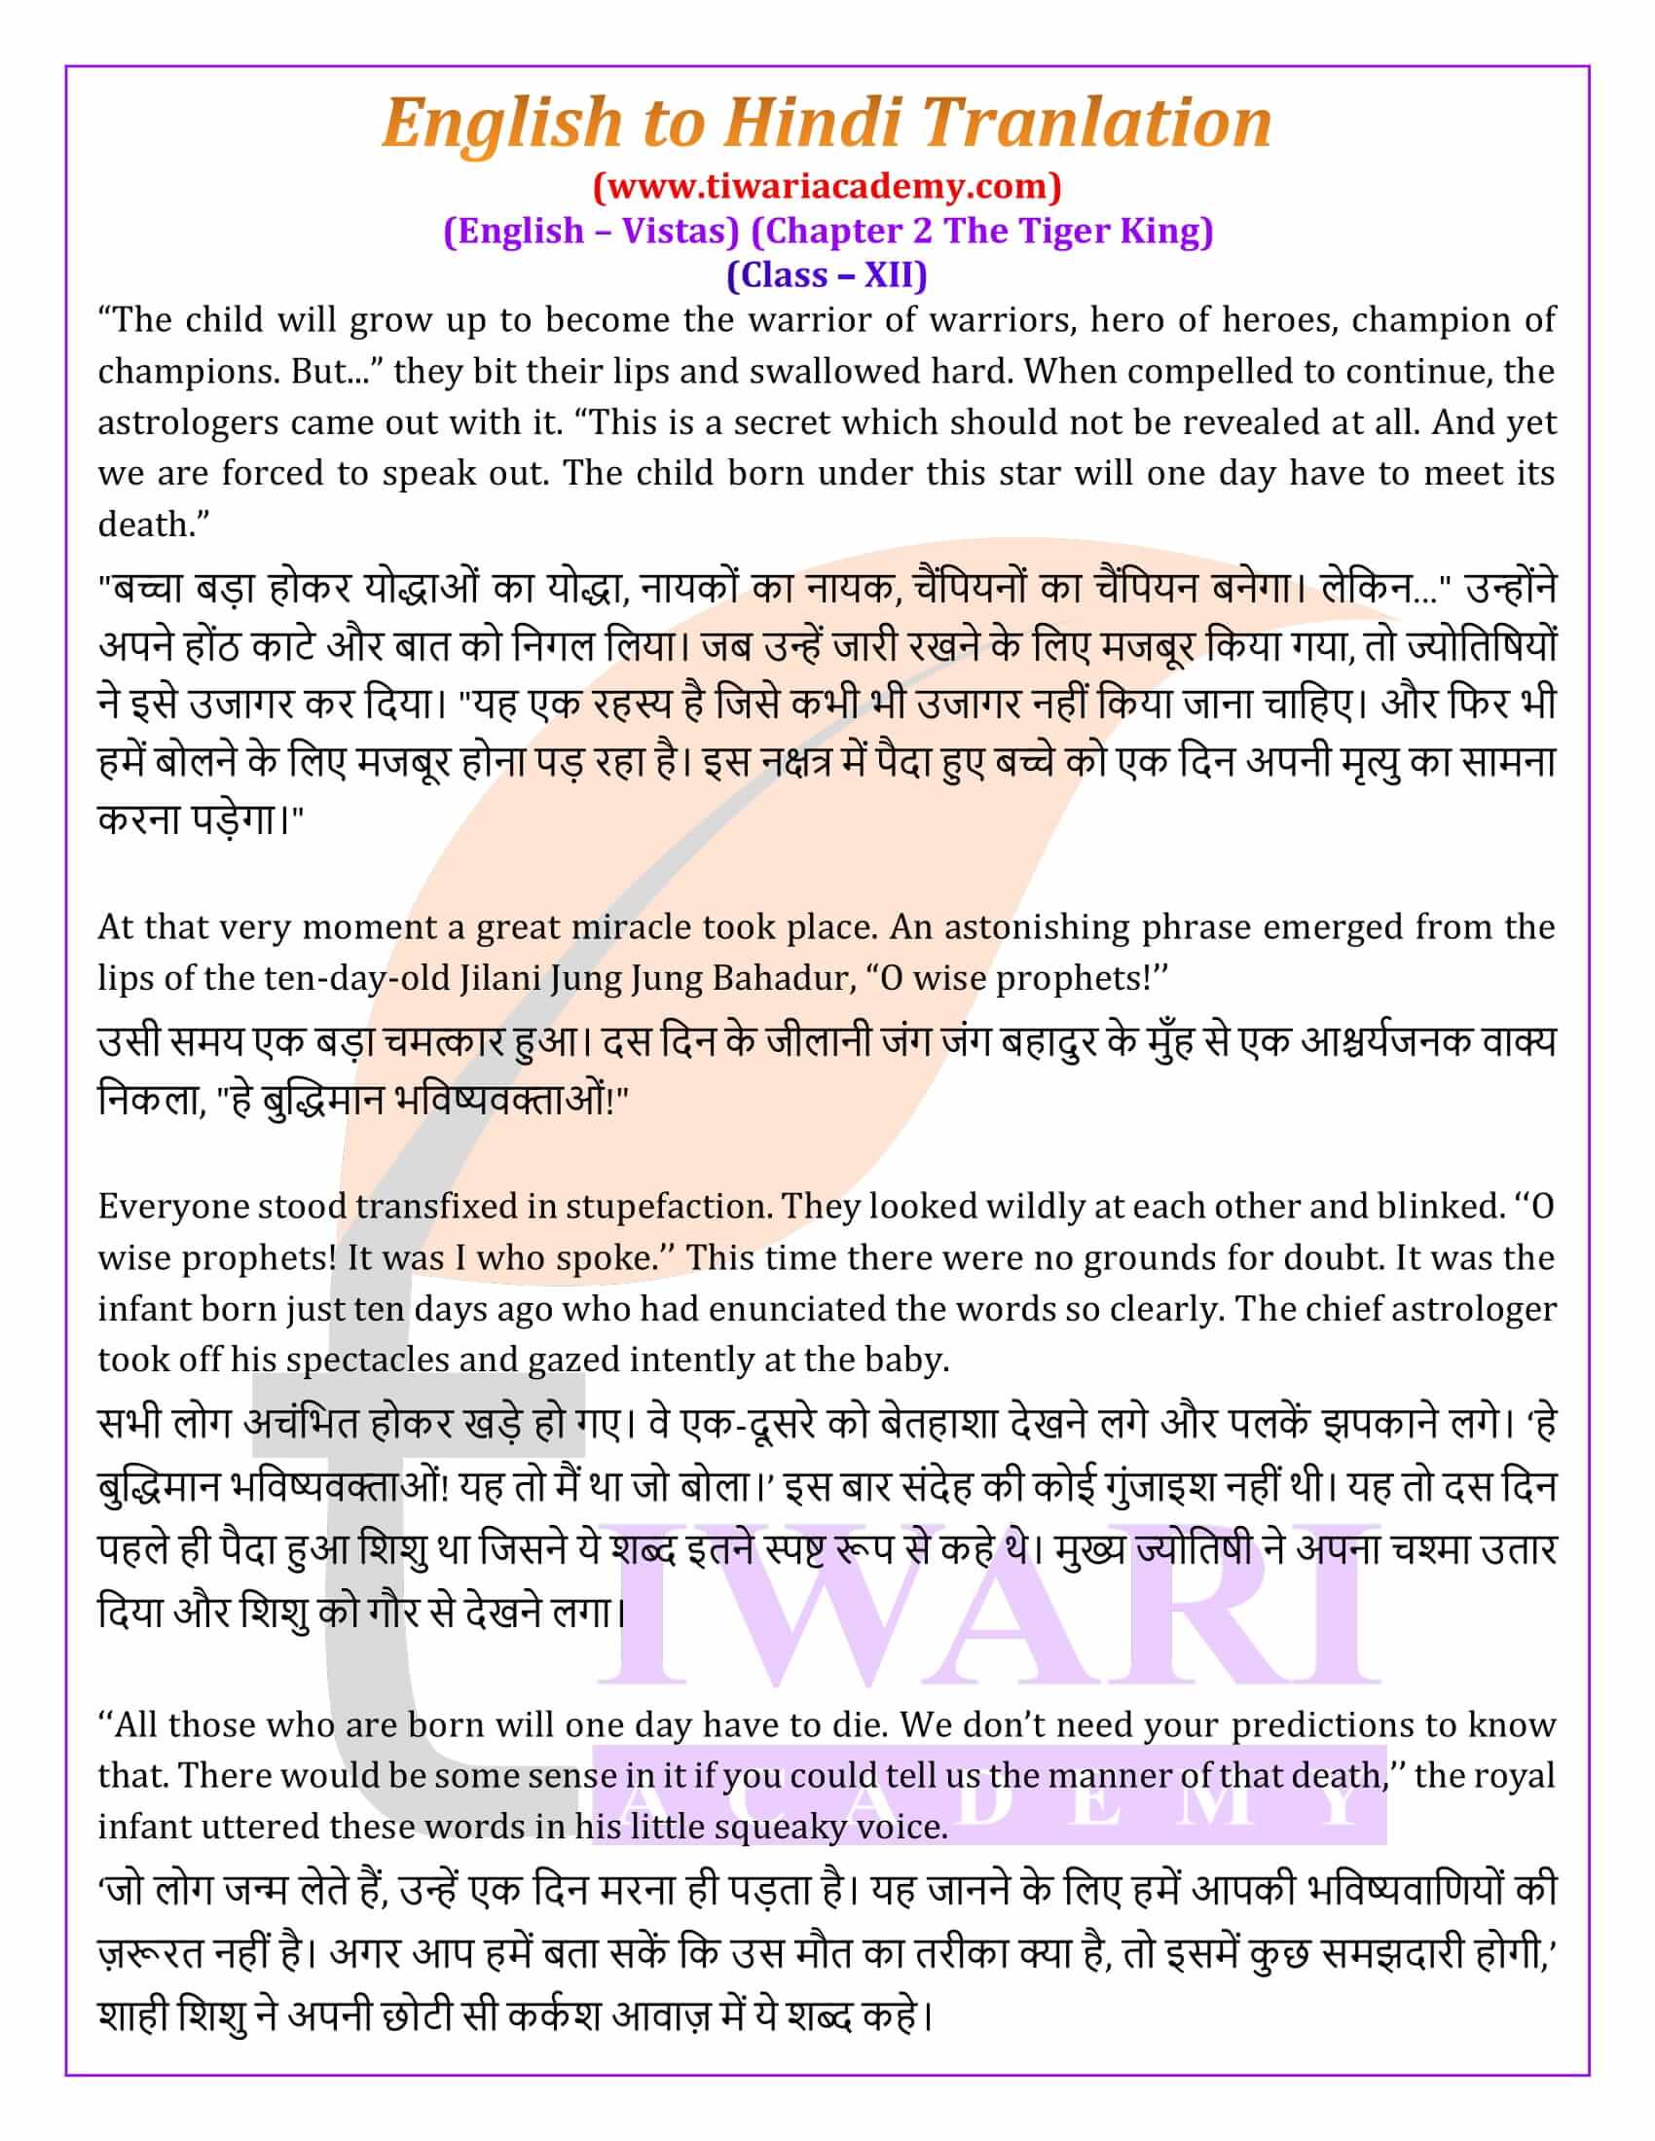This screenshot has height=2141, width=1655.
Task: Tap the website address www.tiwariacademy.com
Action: tap(827, 184)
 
